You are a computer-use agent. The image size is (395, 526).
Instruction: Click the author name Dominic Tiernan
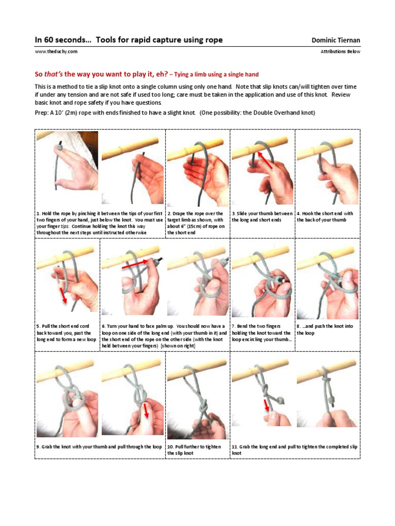pos(336,40)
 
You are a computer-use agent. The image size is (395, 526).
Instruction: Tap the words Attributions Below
pos(340,51)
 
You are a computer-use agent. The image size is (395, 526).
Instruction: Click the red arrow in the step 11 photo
pos(267,405)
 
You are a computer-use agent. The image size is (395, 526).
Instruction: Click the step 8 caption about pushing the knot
pos(326,329)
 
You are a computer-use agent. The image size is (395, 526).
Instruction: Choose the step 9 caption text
pos(99,447)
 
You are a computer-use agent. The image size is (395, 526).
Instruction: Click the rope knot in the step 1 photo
pos(61,146)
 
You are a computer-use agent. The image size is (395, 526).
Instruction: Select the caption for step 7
pos(262,333)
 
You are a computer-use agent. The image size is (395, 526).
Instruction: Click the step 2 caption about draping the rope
pos(197,223)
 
